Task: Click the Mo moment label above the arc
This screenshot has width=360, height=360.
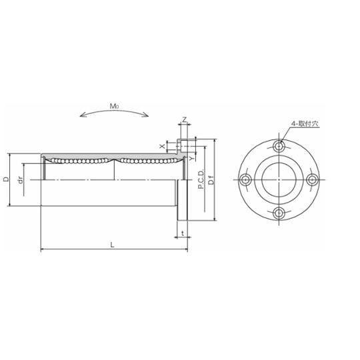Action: click(x=114, y=106)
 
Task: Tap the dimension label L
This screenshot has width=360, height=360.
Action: click(x=112, y=245)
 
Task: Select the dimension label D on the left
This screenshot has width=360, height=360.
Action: click(x=7, y=179)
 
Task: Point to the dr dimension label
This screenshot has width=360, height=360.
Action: click(x=21, y=180)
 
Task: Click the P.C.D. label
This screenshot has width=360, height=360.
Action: click(x=201, y=179)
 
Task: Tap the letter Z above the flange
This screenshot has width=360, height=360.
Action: click(x=184, y=119)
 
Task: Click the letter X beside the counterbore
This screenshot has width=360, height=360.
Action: click(x=162, y=146)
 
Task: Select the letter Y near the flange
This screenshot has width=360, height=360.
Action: click(x=191, y=158)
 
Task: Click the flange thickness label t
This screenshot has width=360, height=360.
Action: click(x=183, y=233)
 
